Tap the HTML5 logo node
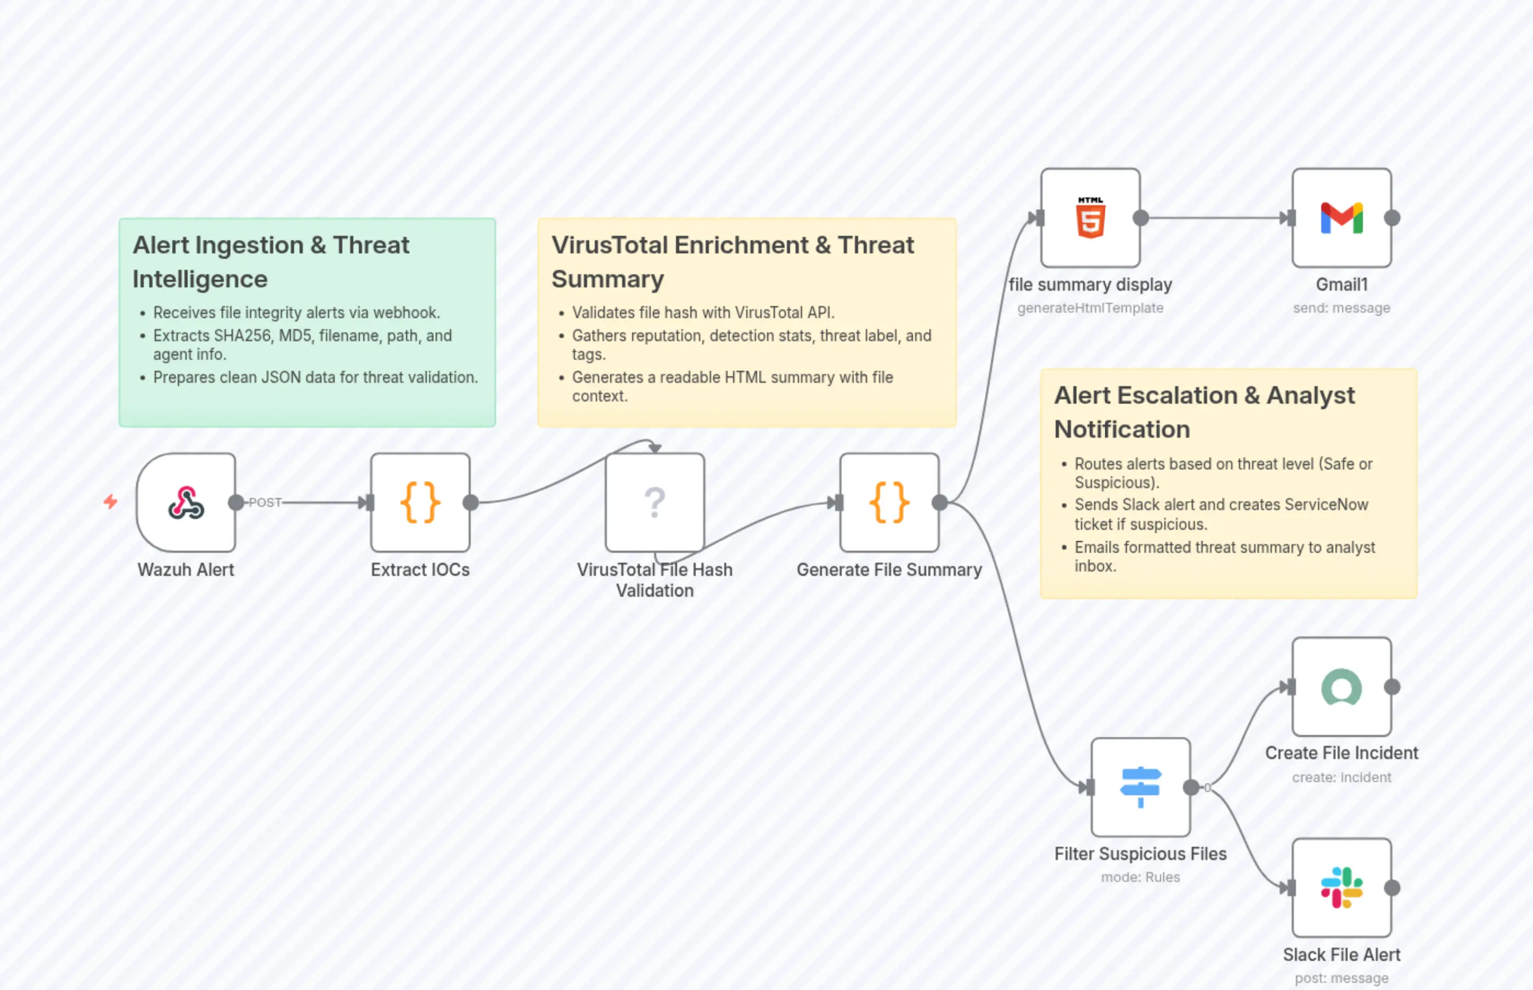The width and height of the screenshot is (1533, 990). (1090, 218)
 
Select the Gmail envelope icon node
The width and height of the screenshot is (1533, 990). (1342, 218)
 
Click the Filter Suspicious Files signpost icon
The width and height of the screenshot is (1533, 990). (1140, 787)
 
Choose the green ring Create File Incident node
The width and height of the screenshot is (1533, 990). (1342, 687)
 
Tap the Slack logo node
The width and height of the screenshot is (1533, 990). (1342, 888)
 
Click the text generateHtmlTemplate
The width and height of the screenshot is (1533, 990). (1090, 308)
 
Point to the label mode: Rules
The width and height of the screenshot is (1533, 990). (1140, 877)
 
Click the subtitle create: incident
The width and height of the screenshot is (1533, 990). (1342, 777)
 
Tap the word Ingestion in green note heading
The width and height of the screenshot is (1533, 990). (249, 246)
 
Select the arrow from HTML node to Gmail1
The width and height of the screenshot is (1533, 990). (1215, 218)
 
